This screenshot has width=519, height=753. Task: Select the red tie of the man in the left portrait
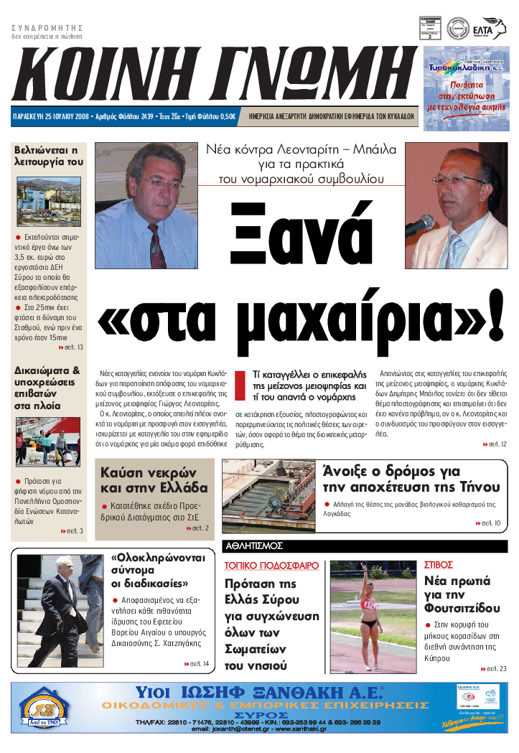click(155, 245)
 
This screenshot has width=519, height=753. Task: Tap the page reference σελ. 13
click(70, 347)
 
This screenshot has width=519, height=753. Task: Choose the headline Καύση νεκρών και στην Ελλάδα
click(154, 480)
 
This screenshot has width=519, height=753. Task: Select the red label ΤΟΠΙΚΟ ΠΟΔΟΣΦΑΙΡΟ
click(271, 566)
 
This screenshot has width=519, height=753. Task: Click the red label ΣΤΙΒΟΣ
click(439, 565)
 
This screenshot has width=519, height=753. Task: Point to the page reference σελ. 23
click(495, 668)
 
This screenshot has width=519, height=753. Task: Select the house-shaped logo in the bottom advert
click(45, 708)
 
